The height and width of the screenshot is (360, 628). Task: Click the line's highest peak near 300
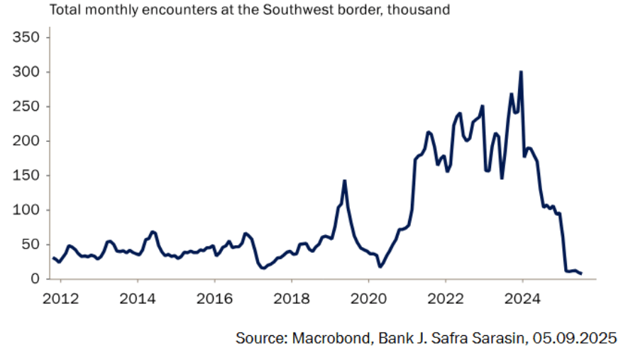521,72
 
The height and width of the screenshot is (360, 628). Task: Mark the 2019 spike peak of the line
344,180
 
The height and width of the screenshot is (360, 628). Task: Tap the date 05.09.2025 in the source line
572,339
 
